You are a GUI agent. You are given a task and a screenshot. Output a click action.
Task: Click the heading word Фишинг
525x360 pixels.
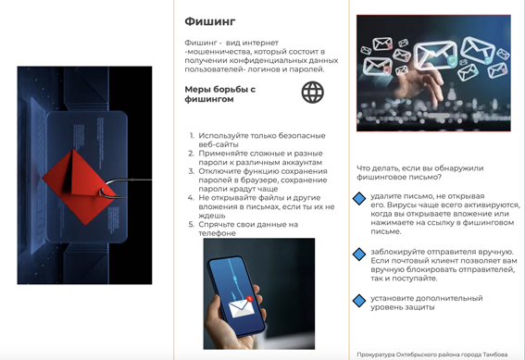tap(210, 21)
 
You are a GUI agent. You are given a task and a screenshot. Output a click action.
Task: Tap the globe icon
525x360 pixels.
tap(313, 92)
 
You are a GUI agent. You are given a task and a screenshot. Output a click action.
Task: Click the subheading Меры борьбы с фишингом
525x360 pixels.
tap(220, 94)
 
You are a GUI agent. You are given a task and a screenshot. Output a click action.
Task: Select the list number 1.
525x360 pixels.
tap(192, 135)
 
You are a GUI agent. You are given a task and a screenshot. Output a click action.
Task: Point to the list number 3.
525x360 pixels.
tap(191, 171)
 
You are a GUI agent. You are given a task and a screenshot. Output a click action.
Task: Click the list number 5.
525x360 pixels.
tap(191, 224)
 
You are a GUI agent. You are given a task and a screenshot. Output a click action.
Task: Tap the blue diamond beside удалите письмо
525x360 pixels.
tap(359, 198)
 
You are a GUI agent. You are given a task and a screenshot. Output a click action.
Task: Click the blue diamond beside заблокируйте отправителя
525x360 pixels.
tap(359, 254)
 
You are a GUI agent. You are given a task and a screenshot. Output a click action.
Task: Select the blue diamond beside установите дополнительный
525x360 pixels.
tap(359, 301)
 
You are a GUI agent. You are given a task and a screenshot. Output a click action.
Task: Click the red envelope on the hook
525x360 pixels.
tap(79, 187)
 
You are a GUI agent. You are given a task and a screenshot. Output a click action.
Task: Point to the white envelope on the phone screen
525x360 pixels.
tap(241, 308)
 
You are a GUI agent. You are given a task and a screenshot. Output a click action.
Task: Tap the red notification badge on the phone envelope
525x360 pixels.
tap(249, 298)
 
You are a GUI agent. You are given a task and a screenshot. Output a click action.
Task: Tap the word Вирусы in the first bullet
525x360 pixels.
tap(400, 205)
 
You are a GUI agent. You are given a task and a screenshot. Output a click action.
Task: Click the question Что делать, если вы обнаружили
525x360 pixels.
tap(419, 168)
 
